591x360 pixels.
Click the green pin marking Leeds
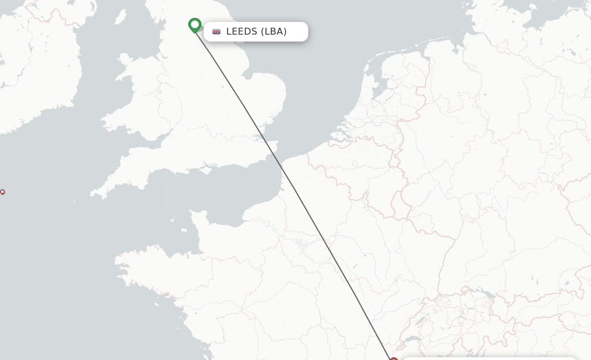pyautogui.click(x=194, y=25)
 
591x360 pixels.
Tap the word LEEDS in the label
pyautogui.click(x=241, y=32)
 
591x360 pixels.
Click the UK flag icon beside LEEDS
pyautogui.click(x=216, y=32)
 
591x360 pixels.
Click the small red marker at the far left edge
pyautogui.click(x=2, y=192)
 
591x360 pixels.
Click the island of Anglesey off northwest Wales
pyautogui.click(x=125, y=59)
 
